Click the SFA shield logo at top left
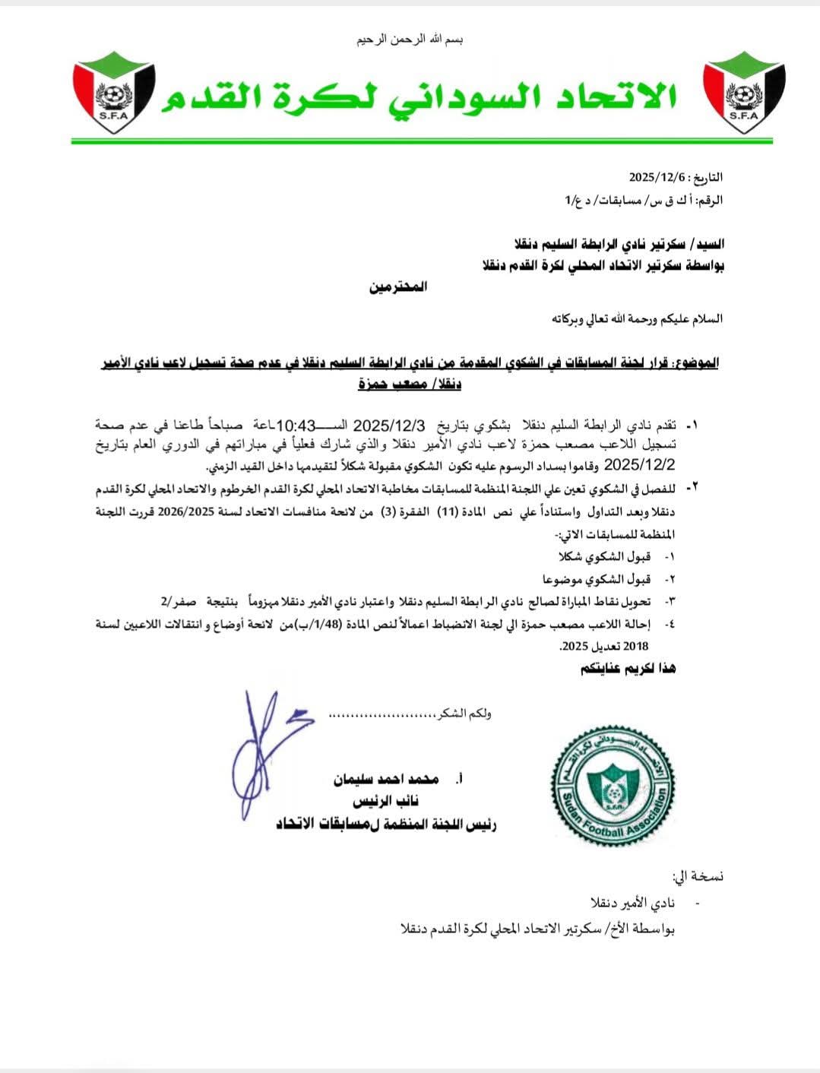pos(115,93)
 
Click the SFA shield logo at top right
pos(744,93)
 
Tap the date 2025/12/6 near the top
pos(657,177)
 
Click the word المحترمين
pos(398,287)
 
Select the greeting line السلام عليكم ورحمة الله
pos(637,318)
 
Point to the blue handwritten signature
pos(262,752)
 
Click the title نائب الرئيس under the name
pos(385,802)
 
